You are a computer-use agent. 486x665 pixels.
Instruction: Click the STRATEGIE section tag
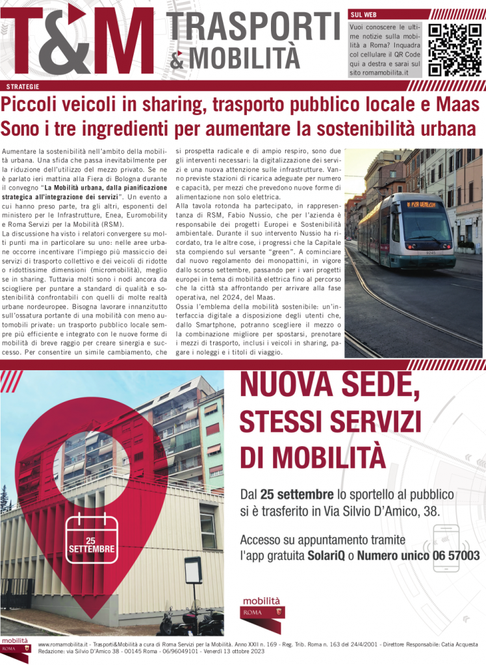click(x=23, y=86)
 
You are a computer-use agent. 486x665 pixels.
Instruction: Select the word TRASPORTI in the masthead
click(x=255, y=28)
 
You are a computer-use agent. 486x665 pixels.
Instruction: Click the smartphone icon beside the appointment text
click(x=446, y=547)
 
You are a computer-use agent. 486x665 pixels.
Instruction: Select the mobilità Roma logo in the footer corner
click(x=15, y=647)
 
